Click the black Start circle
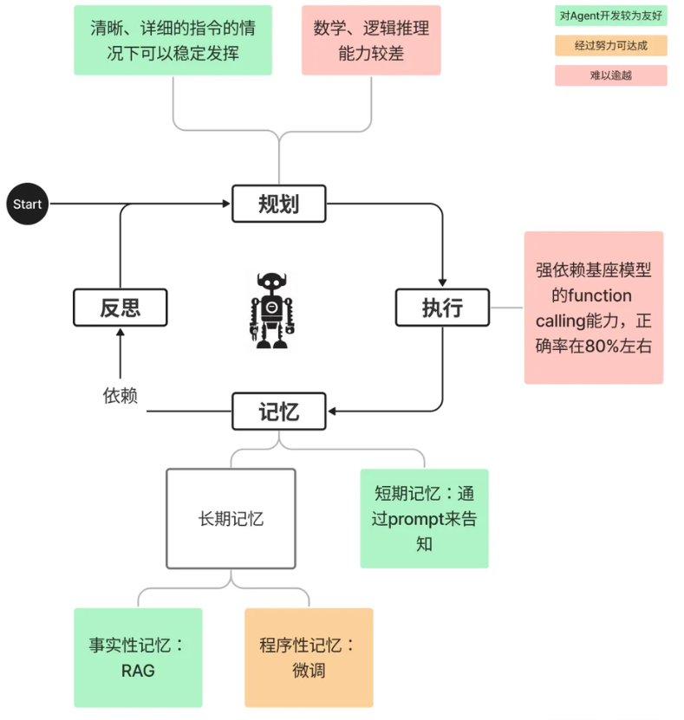[27, 204]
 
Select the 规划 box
[279, 204]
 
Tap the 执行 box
[442, 308]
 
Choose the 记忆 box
[279, 411]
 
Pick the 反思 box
[121, 308]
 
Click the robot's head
[271, 282]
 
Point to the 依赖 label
[121, 395]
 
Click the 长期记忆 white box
[231, 518]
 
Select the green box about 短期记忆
[425, 518]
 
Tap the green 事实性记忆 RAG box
[138, 658]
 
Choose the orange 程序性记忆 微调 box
[309, 658]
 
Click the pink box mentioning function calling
[594, 308]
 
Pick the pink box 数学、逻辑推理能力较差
[371, 41]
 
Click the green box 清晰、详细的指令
[173, 41]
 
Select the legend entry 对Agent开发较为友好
[611, 16]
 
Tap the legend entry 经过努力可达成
[611, 45]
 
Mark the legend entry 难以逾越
[611, 75]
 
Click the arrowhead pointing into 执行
[442, 282]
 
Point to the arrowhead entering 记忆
[332, 411]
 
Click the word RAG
[138, 671]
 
